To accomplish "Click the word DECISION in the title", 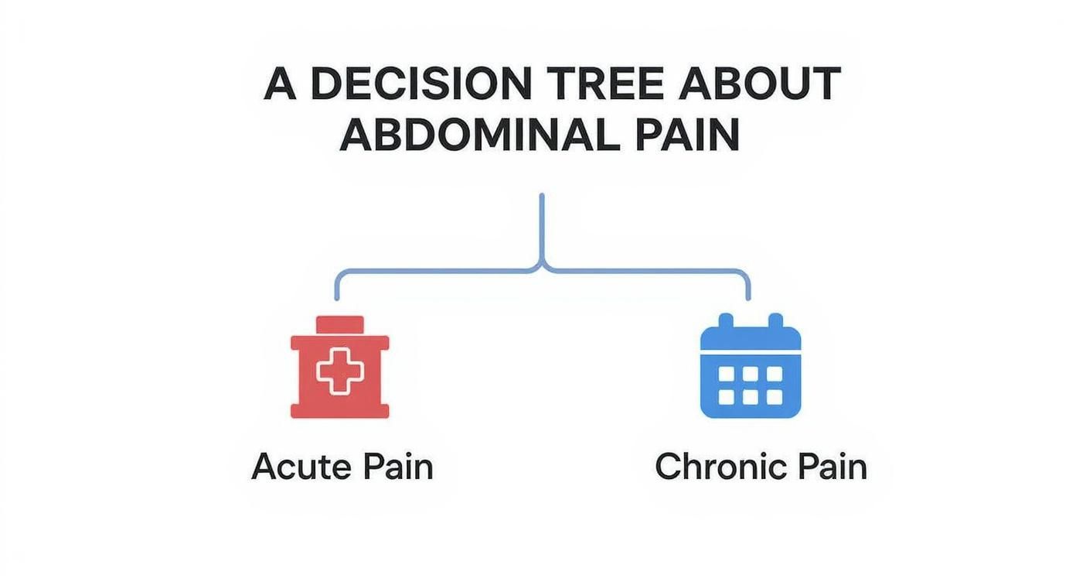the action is coord(421,84).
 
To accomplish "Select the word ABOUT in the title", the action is coord(759,84).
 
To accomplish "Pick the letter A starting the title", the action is coord(280,84).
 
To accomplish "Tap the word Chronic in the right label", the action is coord(720,467).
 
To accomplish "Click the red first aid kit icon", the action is coord(339,367).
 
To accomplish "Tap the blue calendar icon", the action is coord(751,365).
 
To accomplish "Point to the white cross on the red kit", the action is coord(340,372).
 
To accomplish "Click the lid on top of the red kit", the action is coord(340,325).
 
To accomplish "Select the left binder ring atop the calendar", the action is coord(725,321).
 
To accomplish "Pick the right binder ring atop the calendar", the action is coord(776,321).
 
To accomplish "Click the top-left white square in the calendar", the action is coord(726,374).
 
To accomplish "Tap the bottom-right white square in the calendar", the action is coord(775,397).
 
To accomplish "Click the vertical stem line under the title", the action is coord(542,229).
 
